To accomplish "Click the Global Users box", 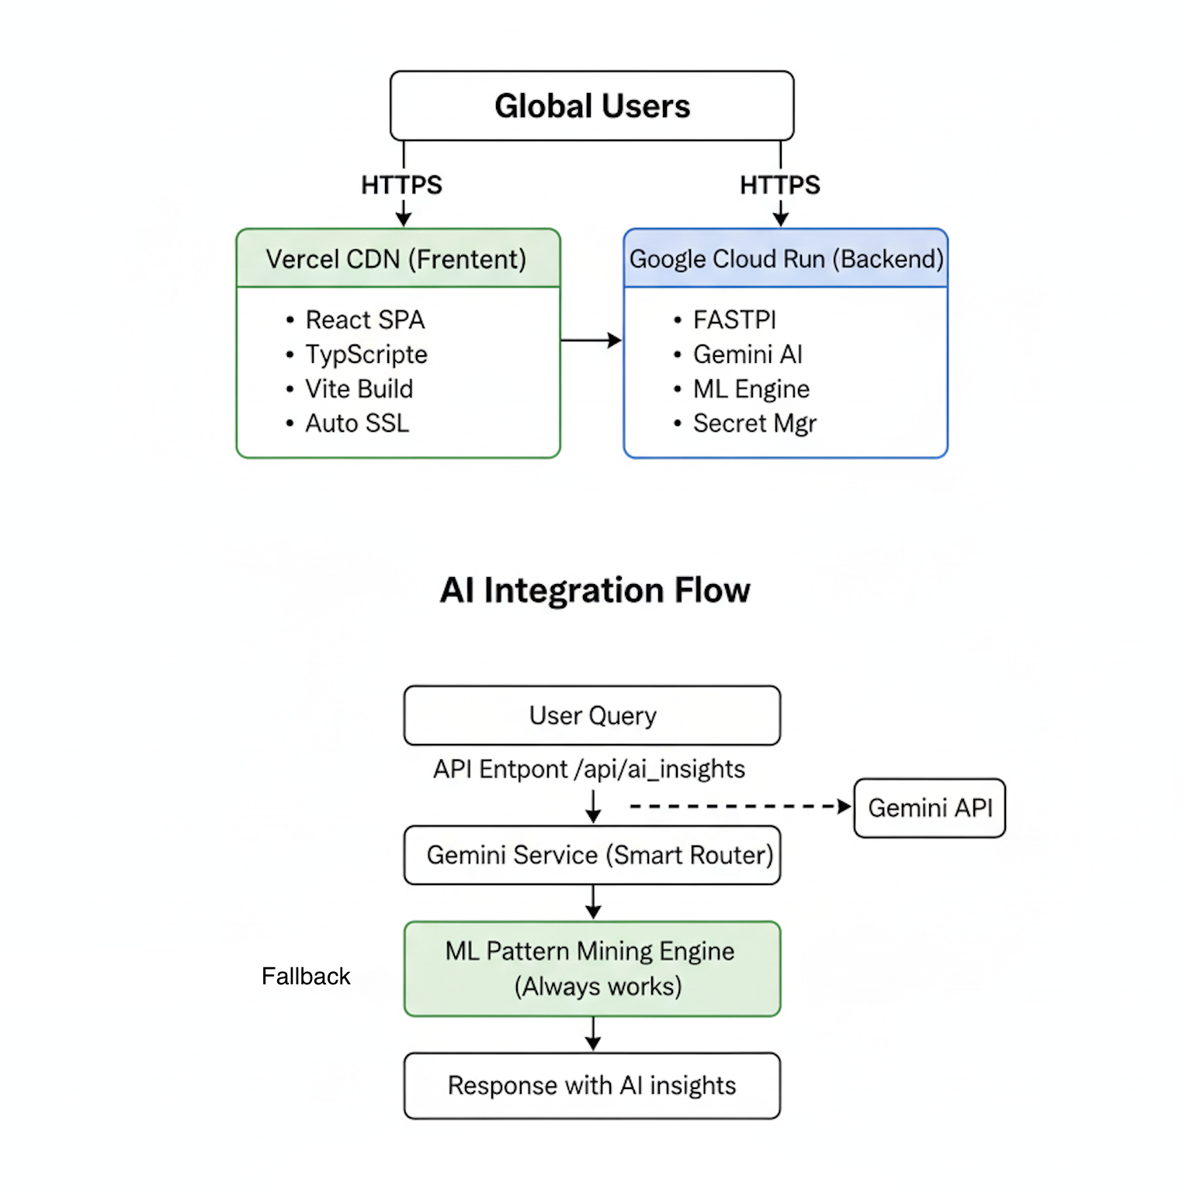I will pyautogui.click(x=591, y=106).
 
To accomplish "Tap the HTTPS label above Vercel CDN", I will pyautogui.click(x=401, y=185).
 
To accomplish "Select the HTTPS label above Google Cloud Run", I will pyautogui.click(x=779, y=185).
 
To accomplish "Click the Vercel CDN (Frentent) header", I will pyautogui.click(x=397, y=259).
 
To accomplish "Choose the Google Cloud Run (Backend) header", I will pyautogui.click(x=786, y=259).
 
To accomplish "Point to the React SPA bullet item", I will pyautogui.click(x=365, y=320).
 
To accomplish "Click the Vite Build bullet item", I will pyautogui.click(x=359, y=389).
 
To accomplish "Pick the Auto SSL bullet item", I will pyautogui.click(x=357, y=424).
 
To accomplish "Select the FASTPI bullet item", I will pyautogui.click(x=734, y=320).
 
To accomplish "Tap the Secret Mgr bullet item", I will pyautogui.click(x=755, y=424).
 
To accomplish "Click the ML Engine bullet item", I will pyautogui.click(x=751, y=389).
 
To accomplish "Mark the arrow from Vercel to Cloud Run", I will pyautogui.click(x=591, y=340).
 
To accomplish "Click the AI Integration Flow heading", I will pyautogui.click(x=595, y=590).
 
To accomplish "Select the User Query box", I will pyautogui.click(x=592, y=715).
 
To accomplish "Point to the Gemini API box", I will pyautogui.click(x=929, y=808).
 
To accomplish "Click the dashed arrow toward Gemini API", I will pyautogui.click(x=737, y=807).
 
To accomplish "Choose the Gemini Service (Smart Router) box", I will pyautogui.click(x=592, y=855).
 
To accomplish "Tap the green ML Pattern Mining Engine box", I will pyautogui.click(x=592, y=969).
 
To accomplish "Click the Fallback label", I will pyautogui.click(x=306, y=976).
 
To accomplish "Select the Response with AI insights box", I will pyautogui.click(x=592, y=1085).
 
